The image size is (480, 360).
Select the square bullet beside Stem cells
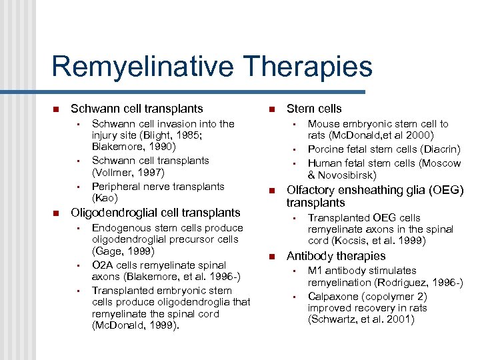pos(272,109)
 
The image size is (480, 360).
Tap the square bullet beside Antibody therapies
pos(272,257)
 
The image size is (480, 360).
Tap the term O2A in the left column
pos(102,265)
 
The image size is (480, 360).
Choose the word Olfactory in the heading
pos(310,191)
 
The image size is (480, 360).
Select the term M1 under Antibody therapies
pos(315,271)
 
